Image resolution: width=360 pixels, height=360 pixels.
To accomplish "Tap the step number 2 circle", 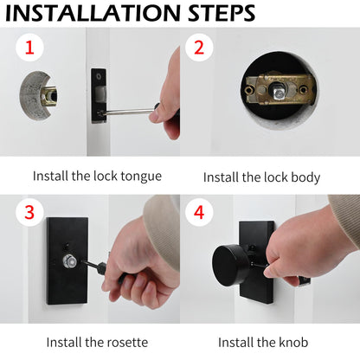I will click(x=199, y=48).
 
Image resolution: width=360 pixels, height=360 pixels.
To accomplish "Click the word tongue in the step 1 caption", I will click(x=140, y=177).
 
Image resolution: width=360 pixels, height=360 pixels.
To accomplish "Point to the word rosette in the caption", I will click(x=126, y=342).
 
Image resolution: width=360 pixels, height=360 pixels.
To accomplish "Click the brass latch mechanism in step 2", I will click(x=278, y=93).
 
